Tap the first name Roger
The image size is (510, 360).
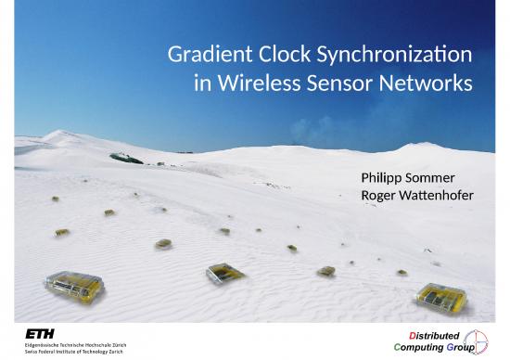coord(380,196)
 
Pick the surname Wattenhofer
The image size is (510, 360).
coord(438,196)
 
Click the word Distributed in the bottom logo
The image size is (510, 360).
coord(428,333)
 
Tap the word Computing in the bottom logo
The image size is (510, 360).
coord(422,347)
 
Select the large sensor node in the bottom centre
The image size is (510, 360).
coord(225,273)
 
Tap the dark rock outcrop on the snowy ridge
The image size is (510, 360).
coord(125,158)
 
